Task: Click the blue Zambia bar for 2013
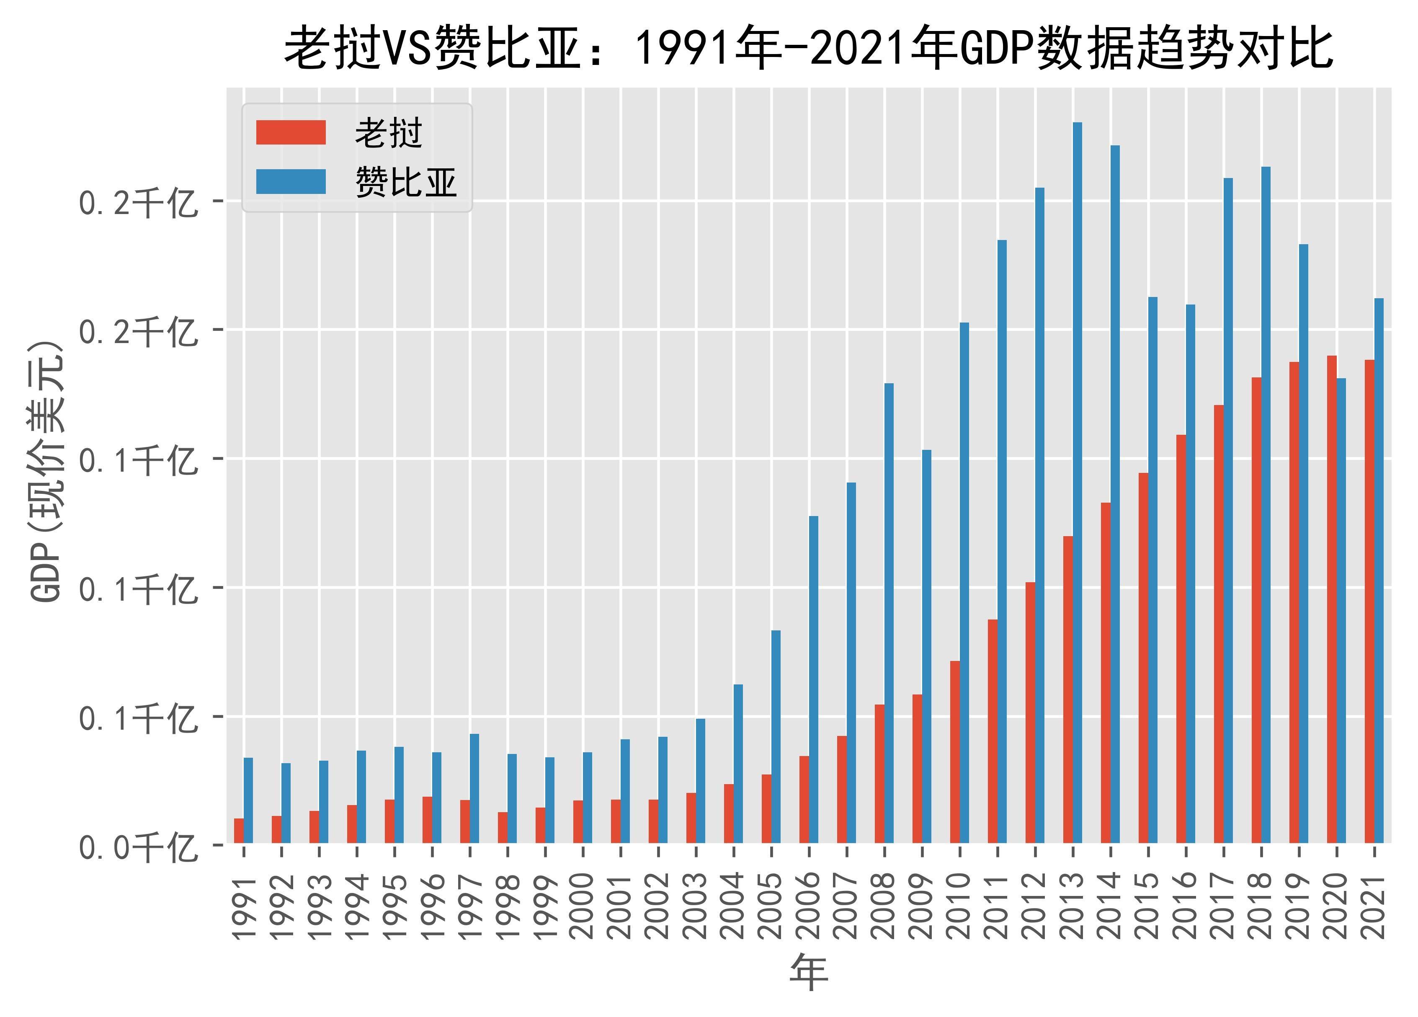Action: (1077, 482)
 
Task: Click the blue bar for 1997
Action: (474, 788)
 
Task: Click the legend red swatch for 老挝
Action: (291, 133)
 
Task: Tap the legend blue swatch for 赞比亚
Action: (291, 181)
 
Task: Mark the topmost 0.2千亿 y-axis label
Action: (137, 203)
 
